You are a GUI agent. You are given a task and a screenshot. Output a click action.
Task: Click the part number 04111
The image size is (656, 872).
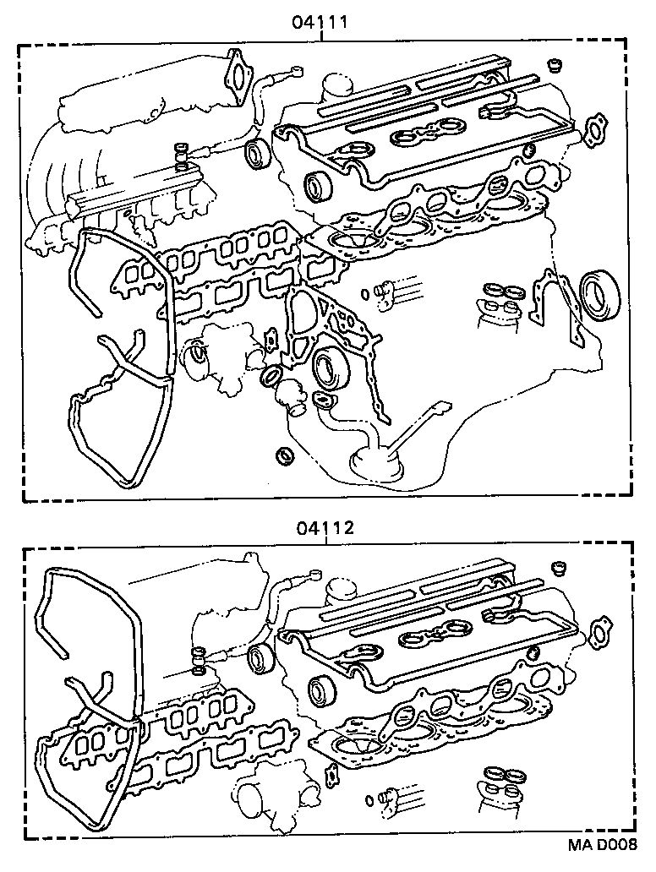[320, 22]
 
